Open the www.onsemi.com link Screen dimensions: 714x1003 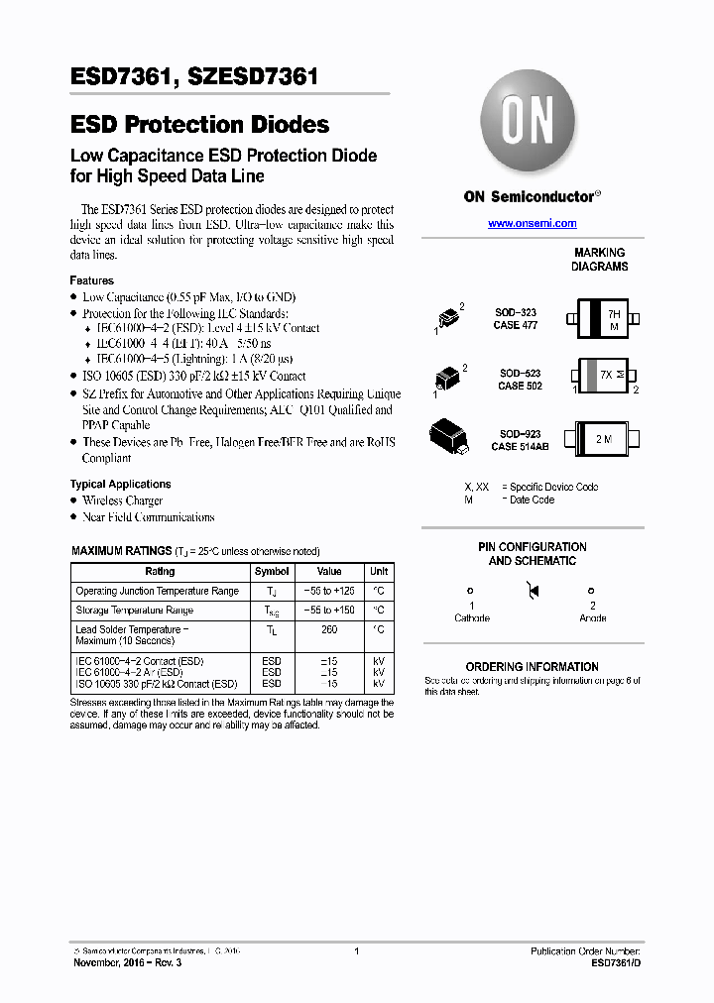click(532, 224)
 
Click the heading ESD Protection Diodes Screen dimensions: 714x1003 click(199, 125)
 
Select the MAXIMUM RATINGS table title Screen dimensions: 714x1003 click(120, 551)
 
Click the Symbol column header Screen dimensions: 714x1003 click(272, 572)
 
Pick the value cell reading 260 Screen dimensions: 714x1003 click(329, 629)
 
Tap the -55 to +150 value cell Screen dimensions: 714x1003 click(329, 611)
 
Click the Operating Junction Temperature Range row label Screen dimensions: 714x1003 click(158, 592)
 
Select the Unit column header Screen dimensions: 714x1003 click(379, 572)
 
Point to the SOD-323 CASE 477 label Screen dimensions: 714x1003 click(516, 319)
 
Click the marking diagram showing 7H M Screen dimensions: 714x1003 click(605, 319)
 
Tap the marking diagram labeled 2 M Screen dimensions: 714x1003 click(604, 438)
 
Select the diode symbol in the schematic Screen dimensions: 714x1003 click(532, 593)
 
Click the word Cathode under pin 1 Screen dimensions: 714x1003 click(472, 618)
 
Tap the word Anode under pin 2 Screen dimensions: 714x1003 click(593, 618)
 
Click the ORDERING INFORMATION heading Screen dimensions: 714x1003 click(532, 667)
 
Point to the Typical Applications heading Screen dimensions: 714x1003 click(120, 485)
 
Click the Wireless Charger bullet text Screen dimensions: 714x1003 click(123, 501)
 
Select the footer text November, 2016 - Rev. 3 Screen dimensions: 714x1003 click(127, 962)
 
